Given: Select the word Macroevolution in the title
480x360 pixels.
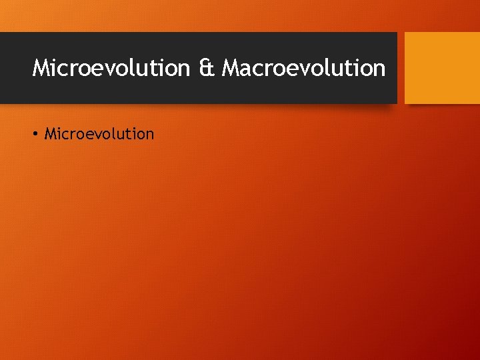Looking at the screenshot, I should coord(303,68).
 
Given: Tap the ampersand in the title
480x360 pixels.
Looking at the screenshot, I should coord(205,68).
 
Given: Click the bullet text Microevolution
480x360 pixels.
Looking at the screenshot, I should coord(99,134).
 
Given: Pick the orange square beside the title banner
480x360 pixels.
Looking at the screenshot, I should coord(442,68).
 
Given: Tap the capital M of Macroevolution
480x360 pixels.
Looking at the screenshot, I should coord(232,68).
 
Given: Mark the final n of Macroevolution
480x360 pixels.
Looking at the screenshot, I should coord(379,69).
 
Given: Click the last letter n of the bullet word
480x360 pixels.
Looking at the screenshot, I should coord(149,135).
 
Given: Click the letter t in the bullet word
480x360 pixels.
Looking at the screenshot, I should coord(131,134).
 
